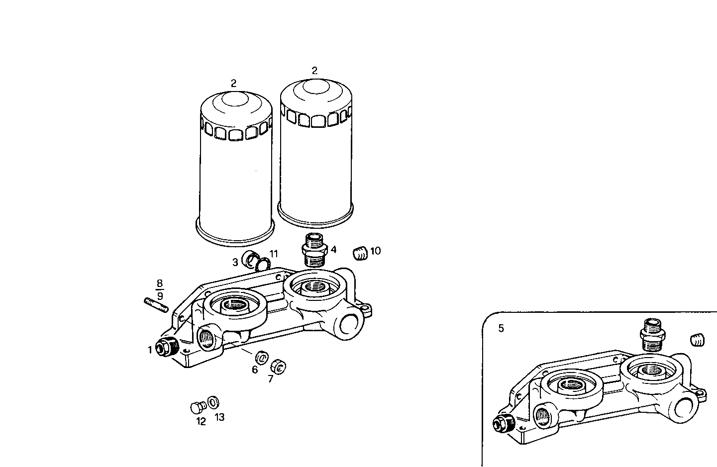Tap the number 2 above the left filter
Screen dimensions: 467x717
233,83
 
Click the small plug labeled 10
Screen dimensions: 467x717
360,253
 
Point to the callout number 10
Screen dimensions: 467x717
376,251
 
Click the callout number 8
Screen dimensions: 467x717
160,284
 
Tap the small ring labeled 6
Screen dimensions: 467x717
261,357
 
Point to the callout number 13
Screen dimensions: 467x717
219,417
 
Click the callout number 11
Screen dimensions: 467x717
274,254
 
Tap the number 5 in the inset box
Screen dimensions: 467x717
501,328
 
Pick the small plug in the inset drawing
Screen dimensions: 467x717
698,341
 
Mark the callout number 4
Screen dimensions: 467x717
334,250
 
